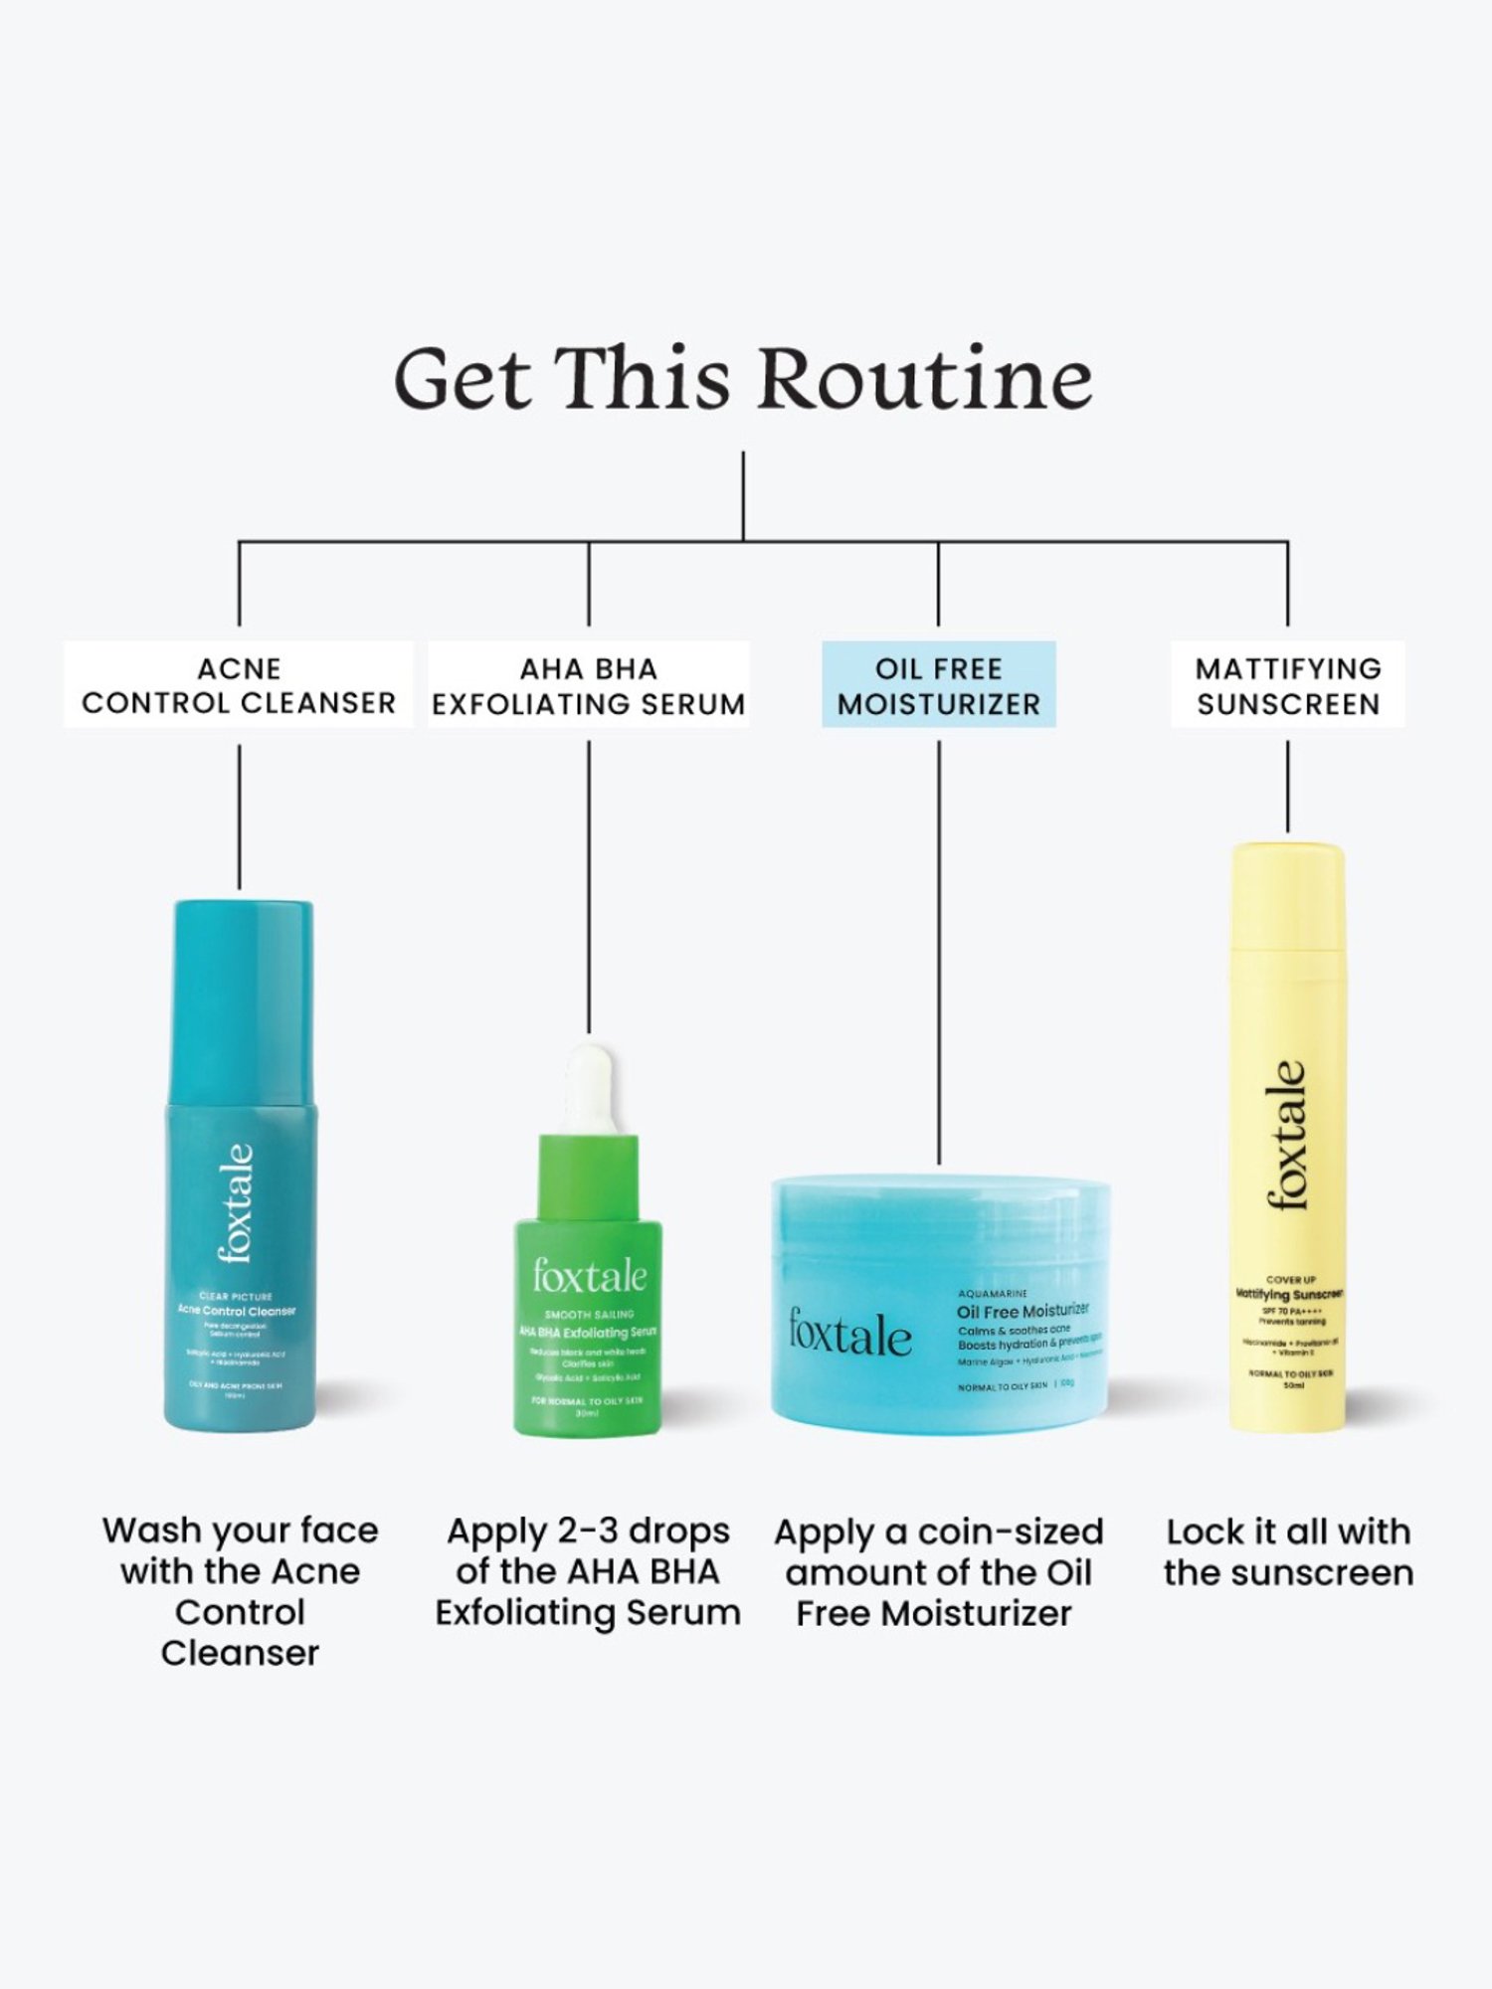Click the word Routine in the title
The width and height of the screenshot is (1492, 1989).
pos(925,379)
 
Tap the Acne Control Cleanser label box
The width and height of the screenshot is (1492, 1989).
pos(239,685)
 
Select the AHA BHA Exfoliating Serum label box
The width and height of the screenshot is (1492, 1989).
pos(589,685)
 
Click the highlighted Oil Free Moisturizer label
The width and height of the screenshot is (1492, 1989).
pos(938,685)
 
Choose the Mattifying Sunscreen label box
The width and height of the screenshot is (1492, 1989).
pos(1288,685)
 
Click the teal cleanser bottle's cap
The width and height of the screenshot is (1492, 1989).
pos(243,999)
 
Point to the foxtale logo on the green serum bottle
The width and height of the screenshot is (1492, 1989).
pos(589,1276)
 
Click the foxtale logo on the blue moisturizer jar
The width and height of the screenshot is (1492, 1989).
pos(849,1333)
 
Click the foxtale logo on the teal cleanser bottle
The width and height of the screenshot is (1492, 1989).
pos(237,1203)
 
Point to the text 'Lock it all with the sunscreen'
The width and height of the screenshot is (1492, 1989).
pos(1288,1552)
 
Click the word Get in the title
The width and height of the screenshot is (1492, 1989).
pos(463,379)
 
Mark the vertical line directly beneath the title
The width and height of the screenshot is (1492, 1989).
pos(743,496)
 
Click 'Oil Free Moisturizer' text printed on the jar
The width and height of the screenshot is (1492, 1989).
pos(1023,1312)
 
